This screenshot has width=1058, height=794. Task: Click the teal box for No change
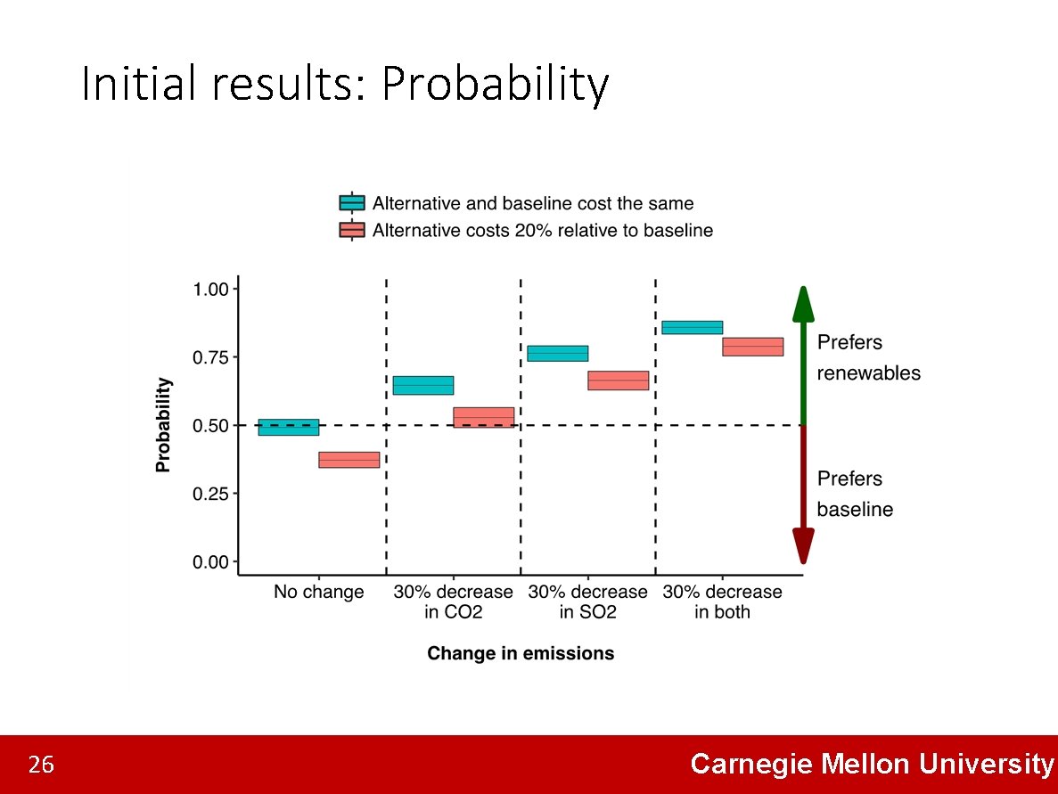(289, 427)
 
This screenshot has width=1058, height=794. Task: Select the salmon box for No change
(349, 460)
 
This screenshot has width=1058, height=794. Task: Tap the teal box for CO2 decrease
(423, 385)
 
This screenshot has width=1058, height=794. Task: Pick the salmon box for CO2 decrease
(484, 417)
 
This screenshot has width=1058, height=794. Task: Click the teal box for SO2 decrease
(558, 353)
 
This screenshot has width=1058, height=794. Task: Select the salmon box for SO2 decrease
(619, 381)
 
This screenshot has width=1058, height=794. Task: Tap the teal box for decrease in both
(693, 327)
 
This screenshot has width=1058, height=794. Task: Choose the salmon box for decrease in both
(753, 347)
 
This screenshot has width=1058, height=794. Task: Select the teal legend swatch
(352, 202)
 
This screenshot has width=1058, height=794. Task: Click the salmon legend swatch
(352, 230)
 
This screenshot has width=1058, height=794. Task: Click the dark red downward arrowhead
(803, 545)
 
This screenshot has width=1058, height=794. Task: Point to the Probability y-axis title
(163, 425)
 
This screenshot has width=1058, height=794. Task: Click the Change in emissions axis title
(521, 653)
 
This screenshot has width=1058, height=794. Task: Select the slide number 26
(41, 765)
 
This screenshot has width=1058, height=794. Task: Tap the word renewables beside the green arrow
(868, 372)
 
